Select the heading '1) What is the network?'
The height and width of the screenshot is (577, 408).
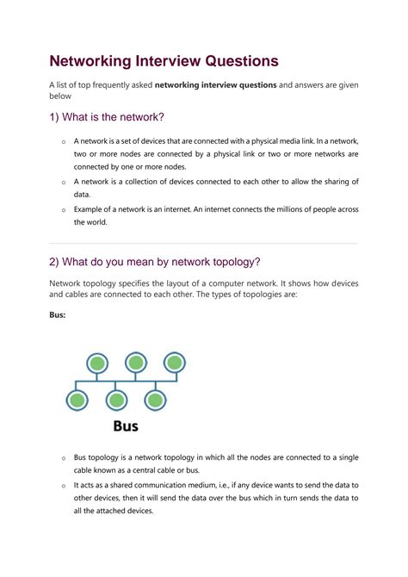pyautogui.click(x=107, y=117)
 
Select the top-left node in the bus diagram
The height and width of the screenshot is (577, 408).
pyautogui.click(x=96, y=363)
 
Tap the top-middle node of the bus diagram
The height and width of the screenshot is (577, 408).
pyautogui.click(x=135, y=363)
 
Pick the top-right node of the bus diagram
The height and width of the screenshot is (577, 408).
pyautogui.click(x=175, y=363)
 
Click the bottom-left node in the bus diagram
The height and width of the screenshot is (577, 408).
pyautogui.click(x=77, y=400)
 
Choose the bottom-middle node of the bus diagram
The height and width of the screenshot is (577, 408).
pyautogui.click(x=116, y=400)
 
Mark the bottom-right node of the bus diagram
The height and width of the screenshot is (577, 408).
pyautogui.click(x=155, y=400)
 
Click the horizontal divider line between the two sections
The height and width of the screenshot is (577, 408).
pyautogui.click(x=203, y=243)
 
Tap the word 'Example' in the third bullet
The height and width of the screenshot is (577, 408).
pyautogui.click(x=90, y=208)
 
